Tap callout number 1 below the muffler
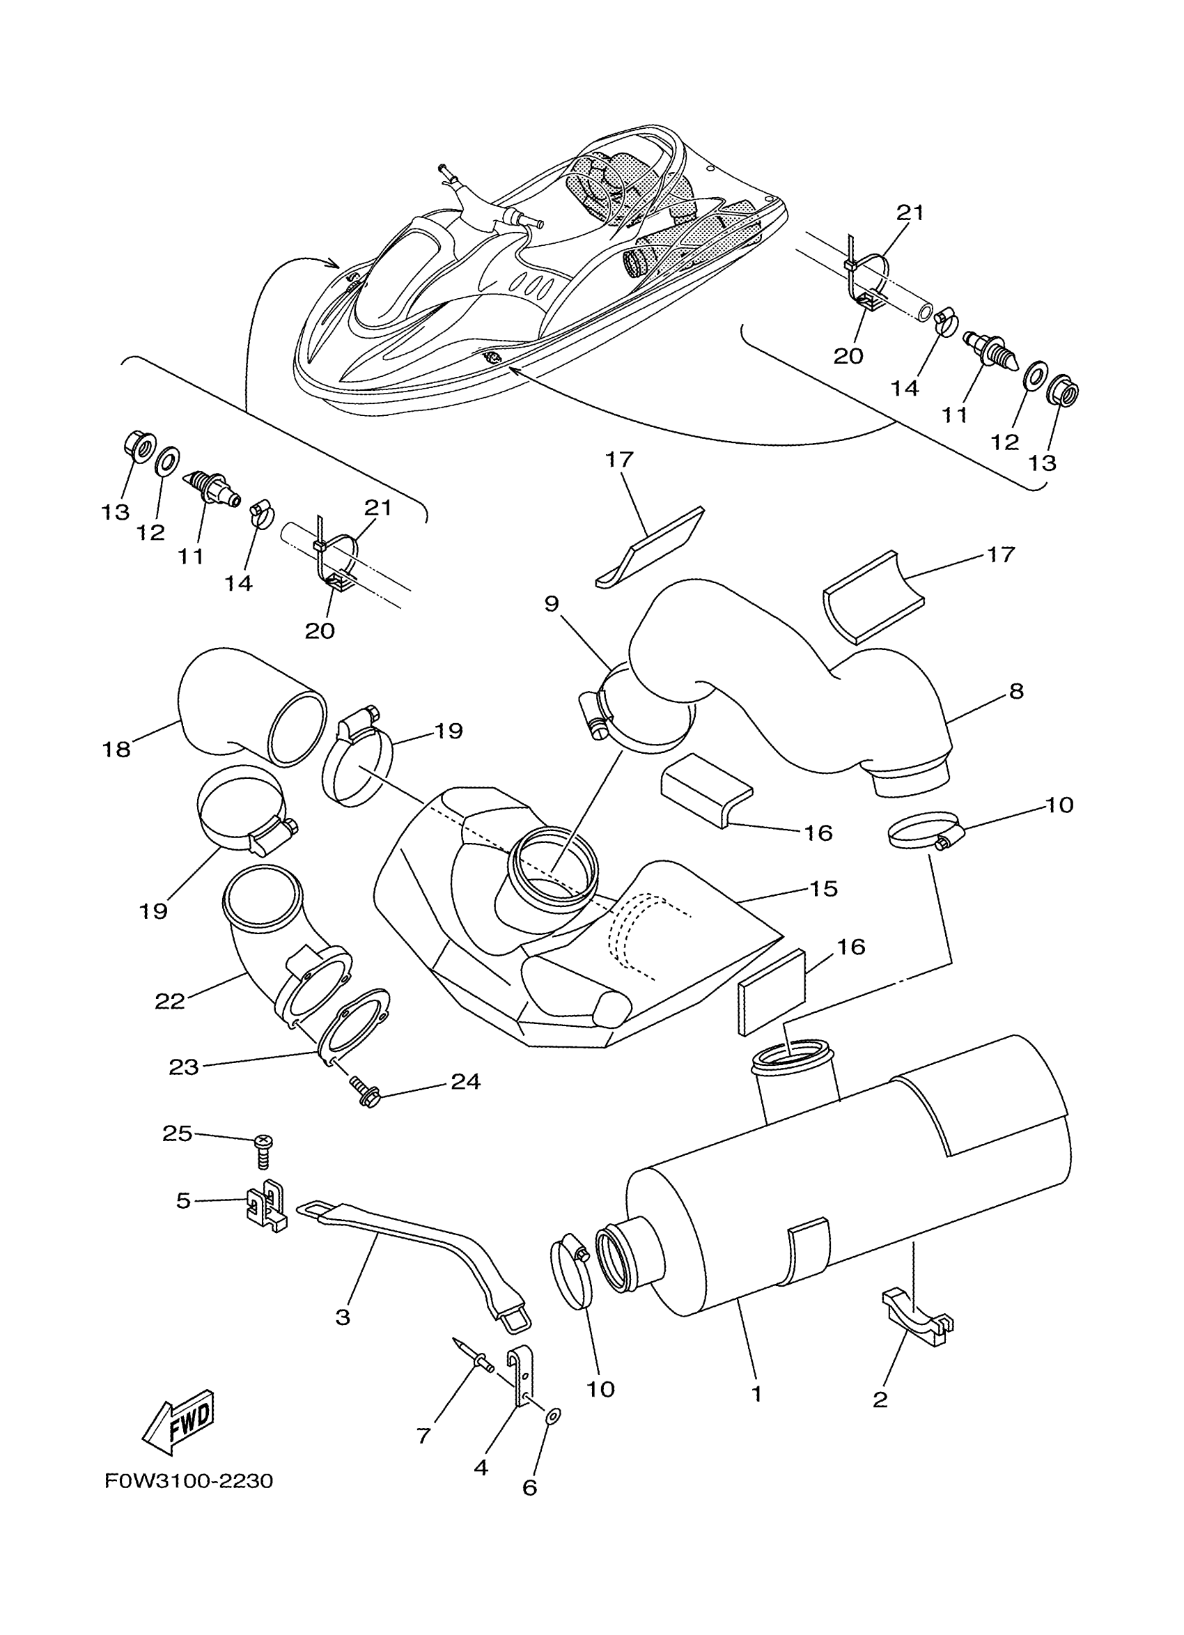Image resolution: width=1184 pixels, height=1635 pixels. (756, 1394)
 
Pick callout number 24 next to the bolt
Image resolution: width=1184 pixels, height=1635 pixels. (465, 1101)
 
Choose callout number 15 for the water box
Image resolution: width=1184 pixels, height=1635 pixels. (823, 889)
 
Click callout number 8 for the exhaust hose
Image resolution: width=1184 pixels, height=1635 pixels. (1015, 691)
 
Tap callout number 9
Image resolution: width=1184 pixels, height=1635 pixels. (552, 603)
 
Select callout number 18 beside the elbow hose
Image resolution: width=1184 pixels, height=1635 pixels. (116, 750)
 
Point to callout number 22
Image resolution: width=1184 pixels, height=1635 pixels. (169, 1001)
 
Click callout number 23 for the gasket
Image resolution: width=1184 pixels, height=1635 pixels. (183, 1067)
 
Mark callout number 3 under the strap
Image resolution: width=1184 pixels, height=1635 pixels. (343, 1317)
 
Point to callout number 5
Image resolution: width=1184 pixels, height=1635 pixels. (184, 1201)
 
